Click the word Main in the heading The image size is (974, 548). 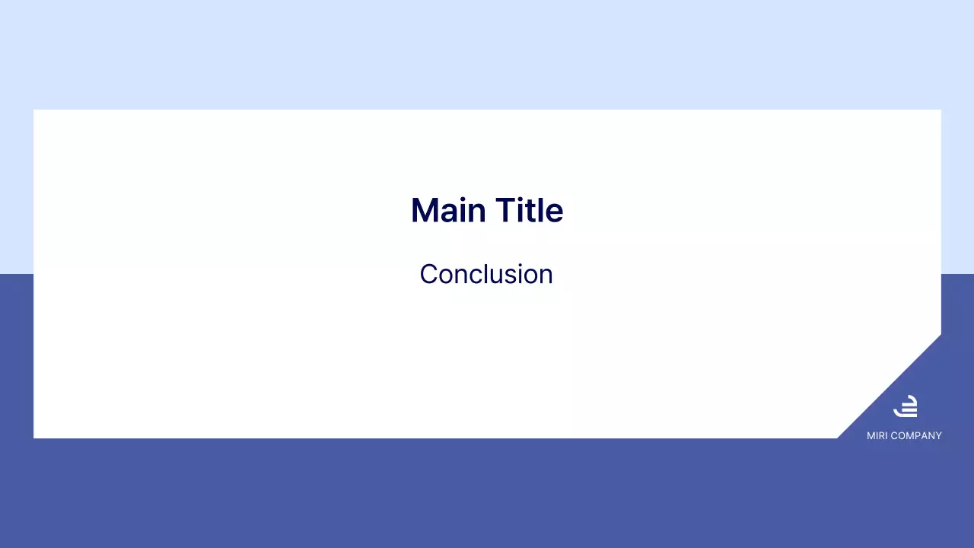(448, 211)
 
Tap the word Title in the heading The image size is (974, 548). (529, 211)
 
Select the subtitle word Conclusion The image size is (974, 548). (486, 274)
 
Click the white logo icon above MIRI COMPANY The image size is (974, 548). (905, 406)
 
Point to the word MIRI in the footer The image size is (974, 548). (878, 436)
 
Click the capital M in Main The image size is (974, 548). (424, 211)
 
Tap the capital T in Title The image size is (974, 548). (505, 211)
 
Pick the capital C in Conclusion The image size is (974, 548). (428, 274)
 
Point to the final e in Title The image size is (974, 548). (555, 213)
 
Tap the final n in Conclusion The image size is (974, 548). (546, 276)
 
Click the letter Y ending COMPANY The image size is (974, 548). (938, 436)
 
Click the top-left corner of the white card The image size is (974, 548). (34, 110)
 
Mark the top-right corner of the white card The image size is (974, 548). (941, 110)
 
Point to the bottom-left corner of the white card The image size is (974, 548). (34, 438)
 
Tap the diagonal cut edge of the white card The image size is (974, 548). (889, 387)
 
